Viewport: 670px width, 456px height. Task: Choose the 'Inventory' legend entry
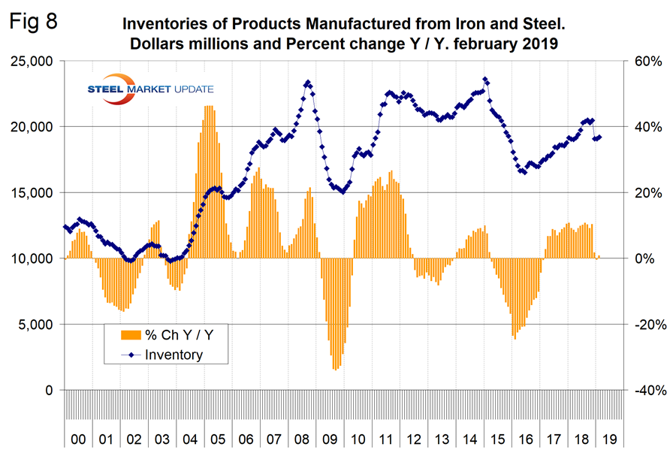[x=173, y=355]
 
